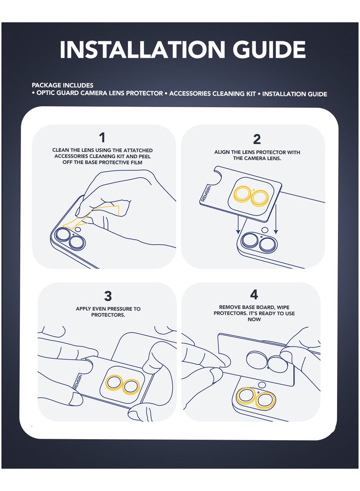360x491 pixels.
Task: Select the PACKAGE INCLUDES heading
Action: pyautogui.click(x=63, y=85)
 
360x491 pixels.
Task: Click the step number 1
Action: pyautogui.click(x=102, y=138)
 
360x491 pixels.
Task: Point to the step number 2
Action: pyautogui.click(x=256, y=139)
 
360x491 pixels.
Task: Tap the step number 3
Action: pyautogui.click(x=108, y=296)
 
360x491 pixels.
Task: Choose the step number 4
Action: pyautogui.click(x=254, y=295)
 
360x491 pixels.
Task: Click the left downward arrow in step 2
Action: pyautogui.click(x=238, y=225)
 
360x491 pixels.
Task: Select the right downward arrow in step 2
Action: pyautogui.click(x=275, y=225)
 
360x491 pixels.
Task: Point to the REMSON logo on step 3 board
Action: pyautogui.click(x=77, y=382)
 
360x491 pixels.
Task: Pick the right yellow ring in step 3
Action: pyautogui.click(x=131, y=387)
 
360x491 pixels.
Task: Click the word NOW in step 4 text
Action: pyautogui.click(x=254, y=320)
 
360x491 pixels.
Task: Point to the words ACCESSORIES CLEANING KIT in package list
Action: pyautogui.click(x=212, y=94)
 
